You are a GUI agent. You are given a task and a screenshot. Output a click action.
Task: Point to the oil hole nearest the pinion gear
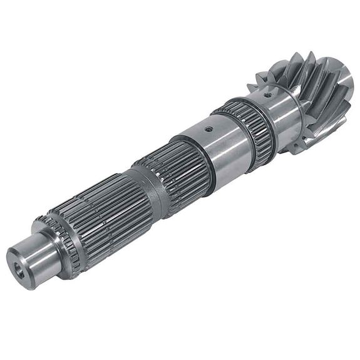[x=268, y=96]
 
